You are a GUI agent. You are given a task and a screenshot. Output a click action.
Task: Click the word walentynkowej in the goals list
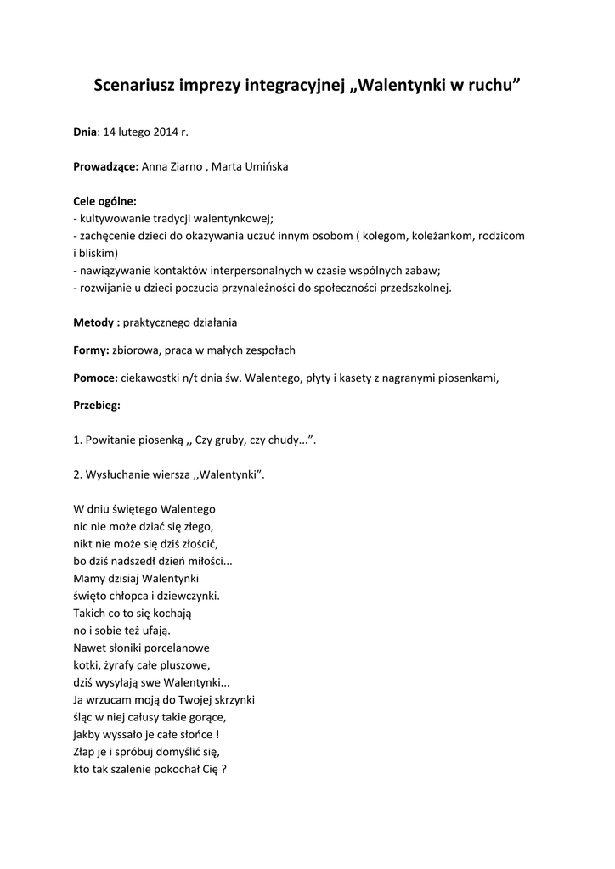click(x=230, y=218)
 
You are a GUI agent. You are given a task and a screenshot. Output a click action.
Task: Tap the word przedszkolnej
click(x=411, y=288)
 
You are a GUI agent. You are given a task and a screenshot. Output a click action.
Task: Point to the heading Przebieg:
click(x=97, y=405)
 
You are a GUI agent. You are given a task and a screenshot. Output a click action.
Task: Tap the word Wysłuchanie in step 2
click(x=116, y=475)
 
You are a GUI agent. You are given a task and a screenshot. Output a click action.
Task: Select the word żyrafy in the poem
click(x=125, y=664)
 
